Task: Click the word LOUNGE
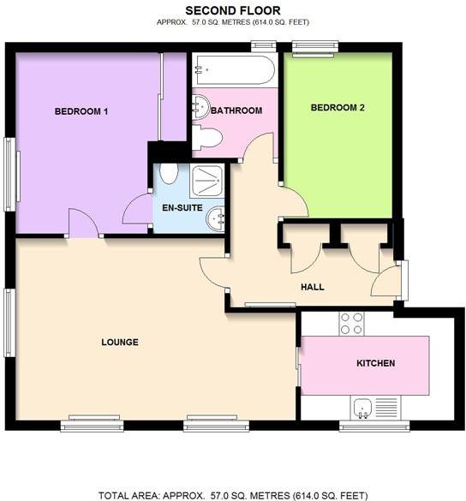click(x=120, y=343)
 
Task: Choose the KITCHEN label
click(x=375, y=363)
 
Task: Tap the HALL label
click(x=312, y=287)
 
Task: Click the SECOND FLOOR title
click(x=233, y=9)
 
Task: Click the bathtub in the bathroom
click(x=233, y=70)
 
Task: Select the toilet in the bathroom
click(x=207, y=138)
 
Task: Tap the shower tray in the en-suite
click(x=206, y=181)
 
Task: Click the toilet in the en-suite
click(x=169, y=174)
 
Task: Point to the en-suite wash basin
click(x=215, y=218)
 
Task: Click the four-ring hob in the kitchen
click(x=351, y=323)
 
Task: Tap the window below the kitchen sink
click(x=363, y=424)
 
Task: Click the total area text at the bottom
click(x=233, y=495)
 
